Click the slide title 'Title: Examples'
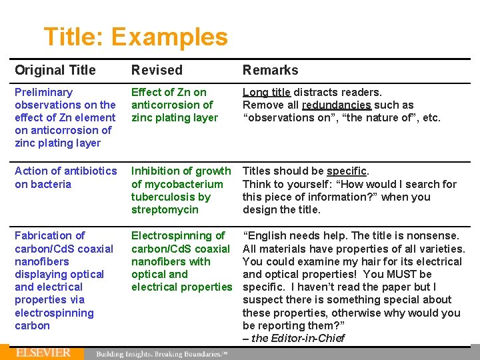[135, 37]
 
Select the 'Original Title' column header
[55, 70]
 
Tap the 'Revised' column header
[157, 70]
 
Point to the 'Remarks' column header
[270, 70]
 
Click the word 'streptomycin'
[165, 209]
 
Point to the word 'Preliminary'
[43, 92]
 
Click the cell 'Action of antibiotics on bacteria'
[65, 177]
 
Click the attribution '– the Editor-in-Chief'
[293, 338]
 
